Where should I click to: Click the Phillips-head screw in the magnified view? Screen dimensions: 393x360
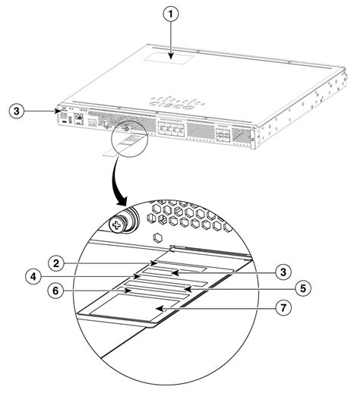pos(118,225)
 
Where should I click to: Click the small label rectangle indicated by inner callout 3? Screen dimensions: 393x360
pos(178,270)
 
